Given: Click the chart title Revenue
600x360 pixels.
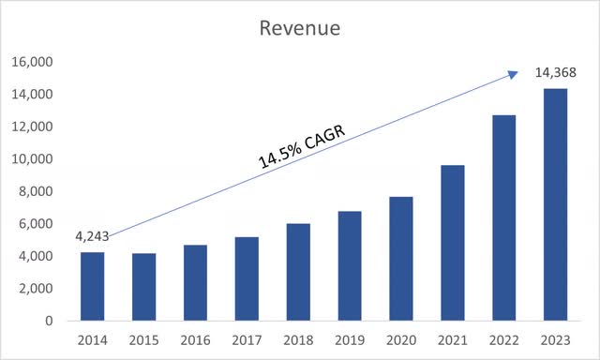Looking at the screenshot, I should coord(300,28).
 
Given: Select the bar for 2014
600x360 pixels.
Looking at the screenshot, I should coord(93,286).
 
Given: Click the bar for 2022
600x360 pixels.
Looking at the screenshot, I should coord(503,217).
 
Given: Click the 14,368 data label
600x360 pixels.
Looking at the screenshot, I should coord(556,72).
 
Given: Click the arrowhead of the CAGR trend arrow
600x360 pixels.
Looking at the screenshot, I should coord(514,73).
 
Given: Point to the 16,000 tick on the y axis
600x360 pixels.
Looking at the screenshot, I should coord(32,63).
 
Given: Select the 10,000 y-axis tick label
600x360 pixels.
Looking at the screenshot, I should coord(32,159).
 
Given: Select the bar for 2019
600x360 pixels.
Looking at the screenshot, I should coord(350,265).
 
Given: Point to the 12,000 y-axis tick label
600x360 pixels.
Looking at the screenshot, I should coord(32,127).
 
